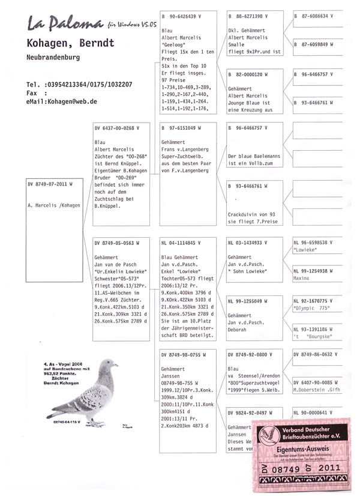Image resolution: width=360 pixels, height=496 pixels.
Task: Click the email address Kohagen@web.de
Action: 75,101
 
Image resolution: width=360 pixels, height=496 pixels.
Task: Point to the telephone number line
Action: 80,85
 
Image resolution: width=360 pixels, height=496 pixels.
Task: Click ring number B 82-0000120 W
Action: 248,74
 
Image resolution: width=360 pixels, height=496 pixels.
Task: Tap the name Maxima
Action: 301,279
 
